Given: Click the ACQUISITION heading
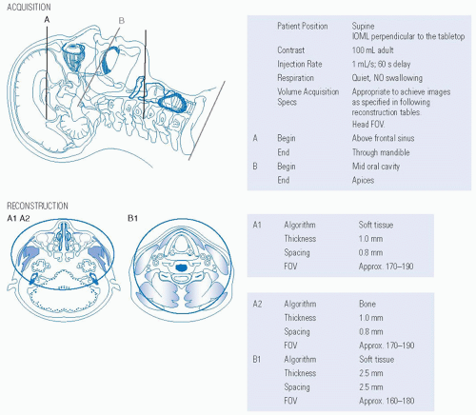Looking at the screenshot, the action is click(x=29, y=7).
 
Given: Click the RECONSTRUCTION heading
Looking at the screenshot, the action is click(x=37, y=206).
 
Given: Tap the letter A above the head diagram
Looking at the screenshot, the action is click(x=47, y=20).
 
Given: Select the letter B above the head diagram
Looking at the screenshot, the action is click(x=122, y=21).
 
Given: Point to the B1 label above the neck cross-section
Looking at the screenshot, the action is click(x=132, y=218).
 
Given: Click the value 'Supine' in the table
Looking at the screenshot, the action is click(x=363, y=27).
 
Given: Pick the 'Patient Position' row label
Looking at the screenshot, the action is click(x=303, y=26).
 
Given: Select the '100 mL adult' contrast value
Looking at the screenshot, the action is click(x=372, y=50).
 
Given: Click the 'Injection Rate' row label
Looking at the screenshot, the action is click(x=300, y=64).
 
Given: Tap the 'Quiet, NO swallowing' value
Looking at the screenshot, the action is click(x=387, y=78).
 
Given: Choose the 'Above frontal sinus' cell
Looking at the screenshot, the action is click(x=383, y=138).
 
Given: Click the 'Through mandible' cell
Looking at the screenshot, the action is click(x=381, y=152).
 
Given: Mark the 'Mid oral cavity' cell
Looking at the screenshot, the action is click(x=376, y=167).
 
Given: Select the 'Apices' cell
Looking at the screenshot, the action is click(x=363, y=181).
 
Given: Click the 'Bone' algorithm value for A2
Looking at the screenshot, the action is click(x=367, y=304).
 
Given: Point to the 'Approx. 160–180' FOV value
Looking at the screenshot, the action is click(x=387, y=401).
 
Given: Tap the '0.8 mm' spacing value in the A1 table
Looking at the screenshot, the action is click(x=370, y=253).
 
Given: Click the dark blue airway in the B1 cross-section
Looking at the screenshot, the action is click(x=182, y=267).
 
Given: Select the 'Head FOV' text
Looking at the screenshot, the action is click(x=368, y=125).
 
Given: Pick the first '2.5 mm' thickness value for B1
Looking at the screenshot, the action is click(x=371, y=373).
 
